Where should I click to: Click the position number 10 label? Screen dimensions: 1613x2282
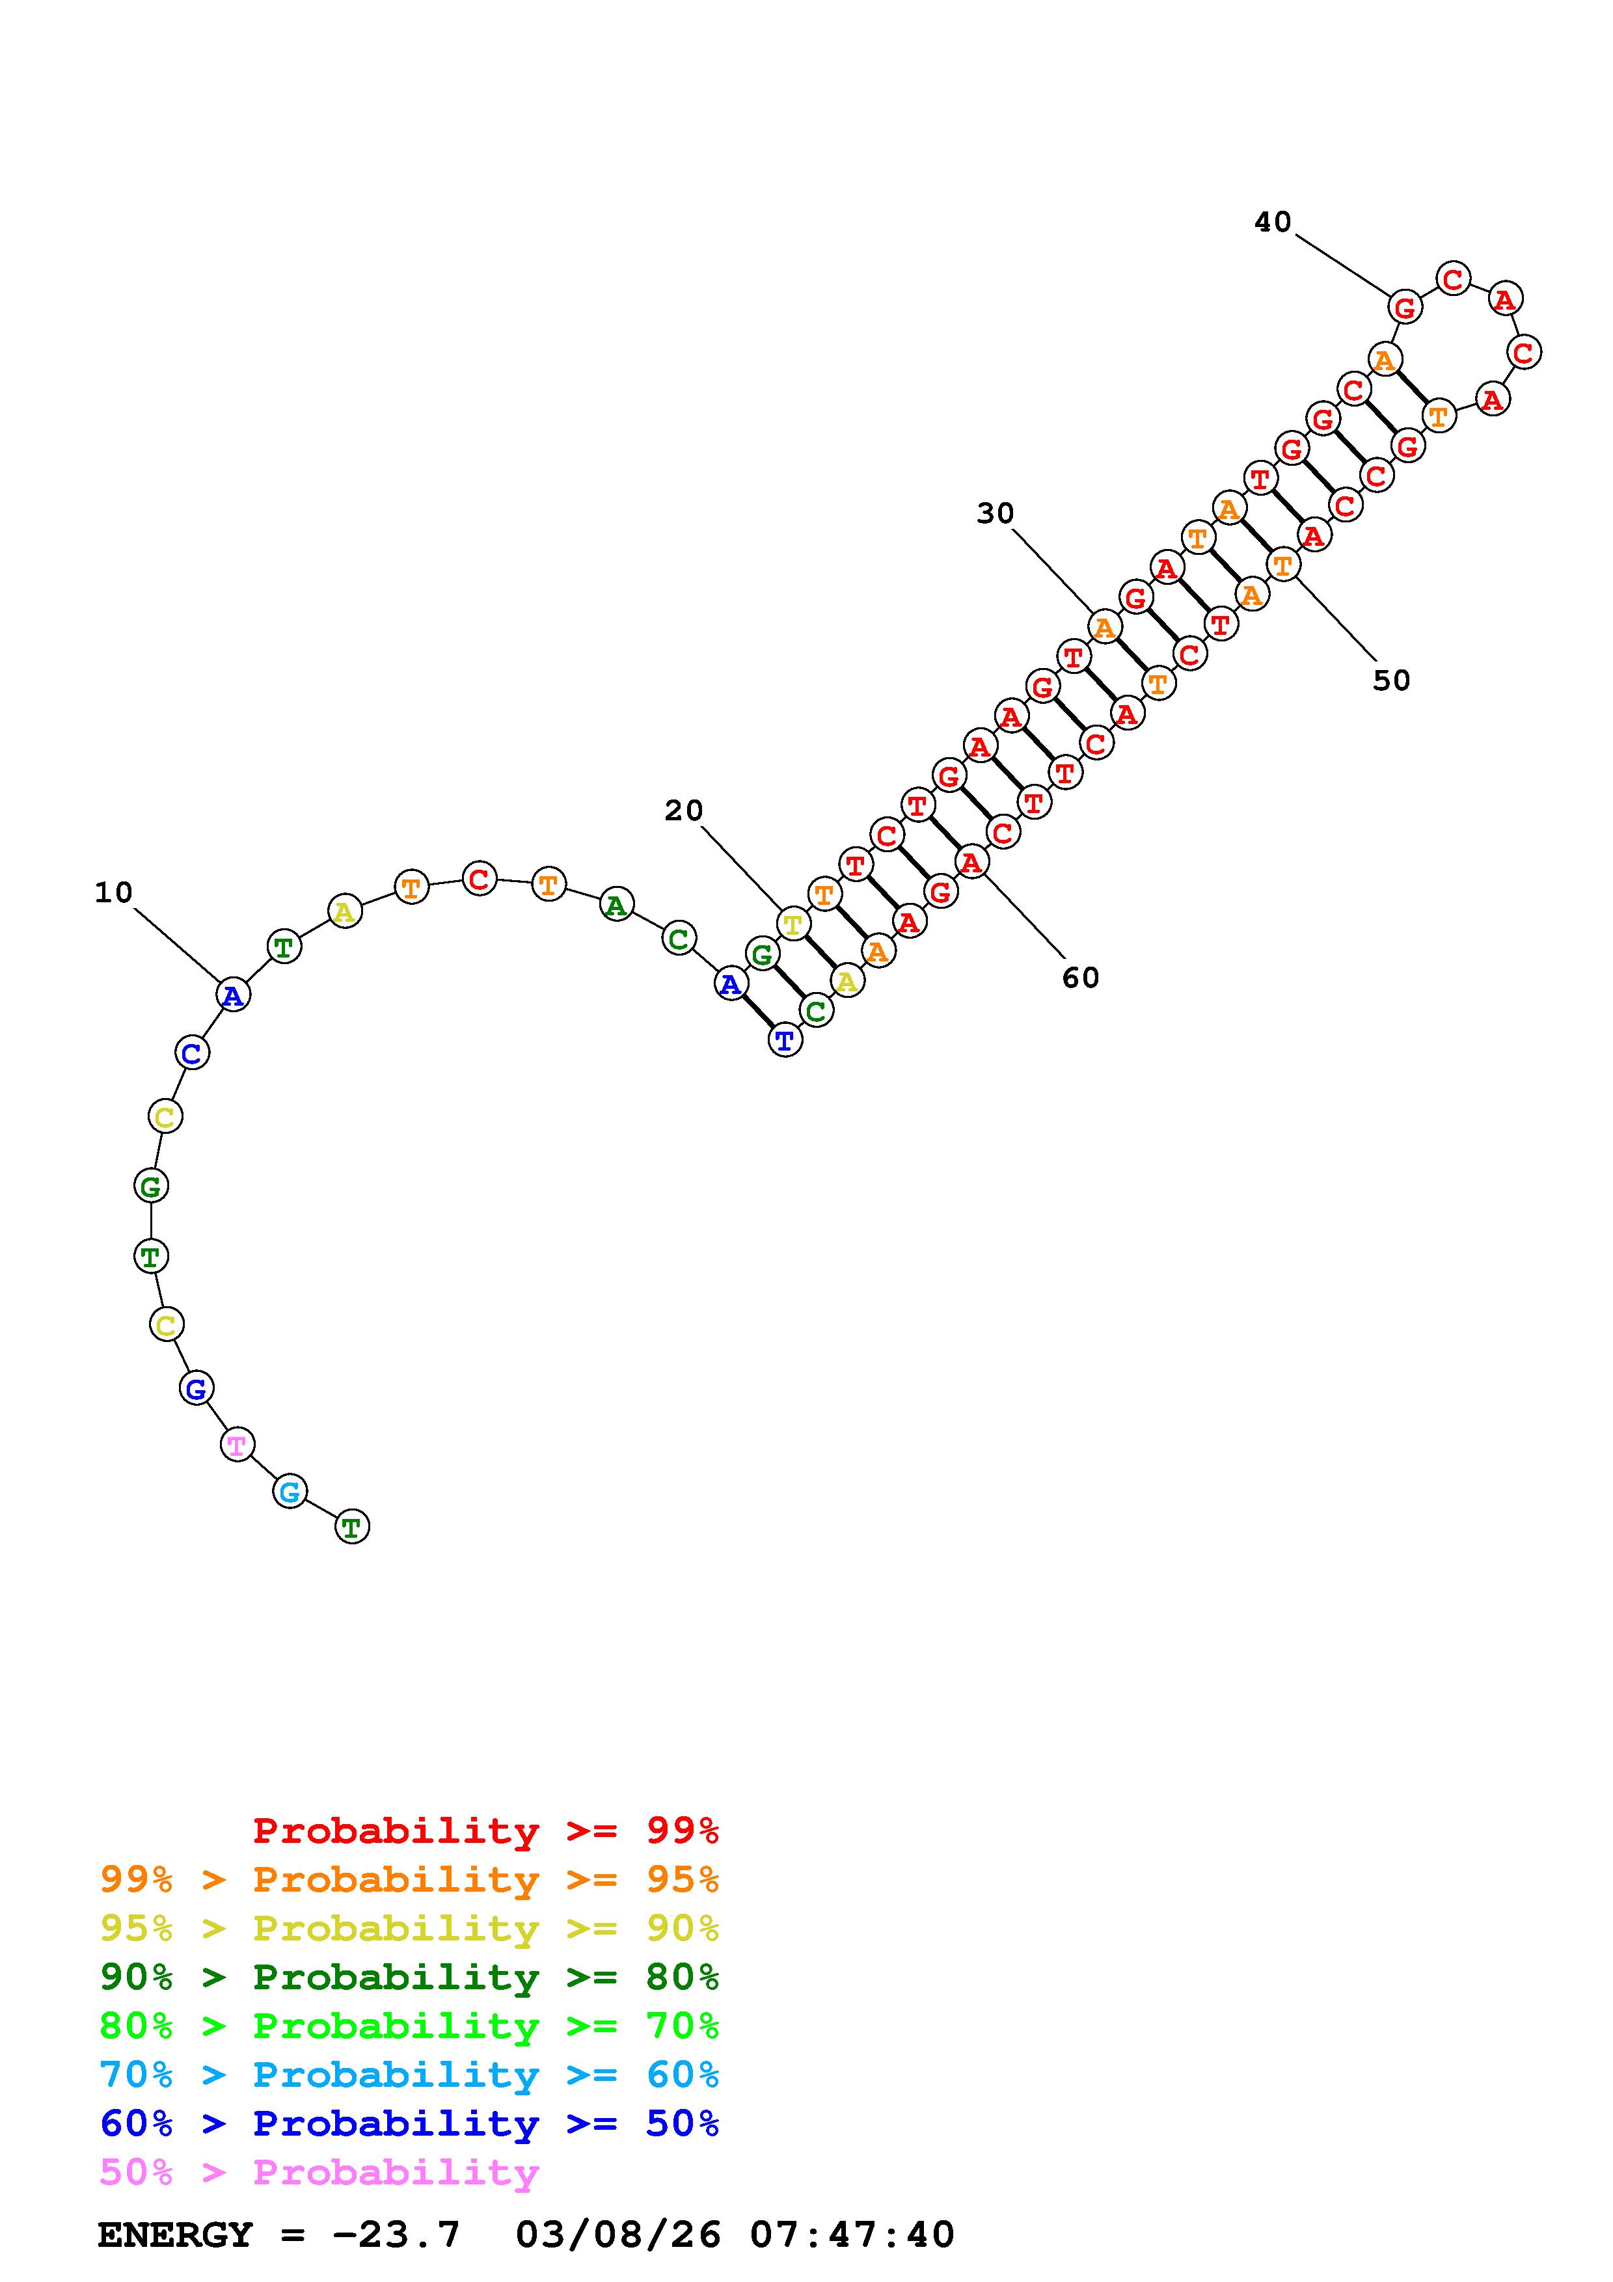pos(113,893)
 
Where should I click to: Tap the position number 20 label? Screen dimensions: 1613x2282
pos(684,811)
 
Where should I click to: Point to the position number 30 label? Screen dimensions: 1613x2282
pos(995,514)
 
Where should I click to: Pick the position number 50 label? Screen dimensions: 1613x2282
pos(1391,681)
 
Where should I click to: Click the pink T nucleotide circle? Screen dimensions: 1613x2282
pos(237,1444)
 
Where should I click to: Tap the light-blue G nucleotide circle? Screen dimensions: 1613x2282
pos(289,1492)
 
